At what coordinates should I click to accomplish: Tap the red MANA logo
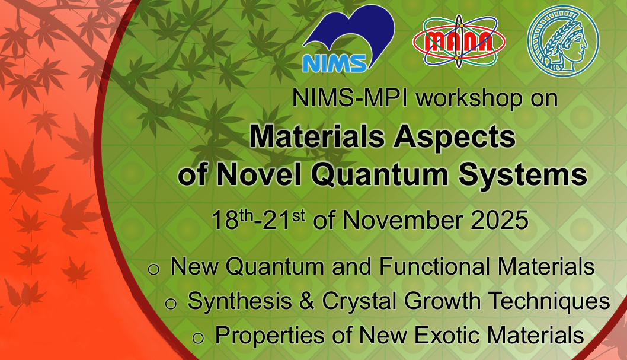459,41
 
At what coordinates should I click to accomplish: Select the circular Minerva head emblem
563,40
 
